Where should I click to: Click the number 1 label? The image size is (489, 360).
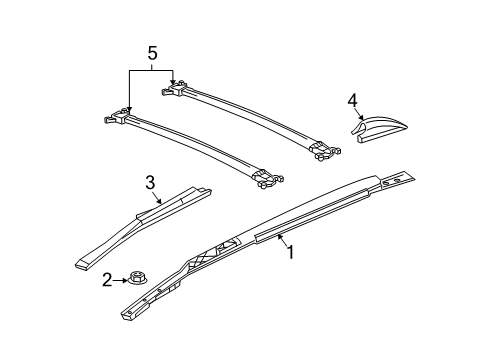[290, 254]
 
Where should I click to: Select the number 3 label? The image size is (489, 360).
[149, 182]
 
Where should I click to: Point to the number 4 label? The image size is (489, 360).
[352, 100]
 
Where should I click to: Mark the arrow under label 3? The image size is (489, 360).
[155, 198]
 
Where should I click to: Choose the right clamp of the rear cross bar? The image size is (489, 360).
[319, 151]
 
